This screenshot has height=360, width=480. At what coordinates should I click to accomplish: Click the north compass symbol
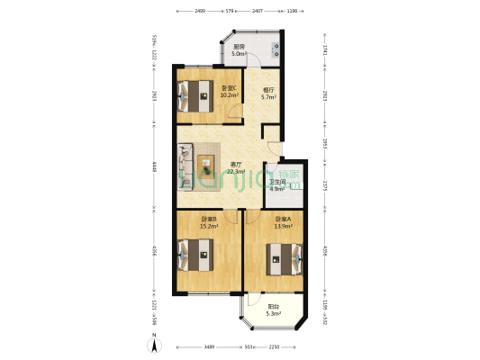155,342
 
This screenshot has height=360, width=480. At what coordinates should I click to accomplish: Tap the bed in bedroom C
195,94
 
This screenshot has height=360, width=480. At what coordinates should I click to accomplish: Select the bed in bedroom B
196,255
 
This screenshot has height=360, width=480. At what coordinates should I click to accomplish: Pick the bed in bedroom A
282,263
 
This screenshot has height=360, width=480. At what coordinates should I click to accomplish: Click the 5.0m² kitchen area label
240,54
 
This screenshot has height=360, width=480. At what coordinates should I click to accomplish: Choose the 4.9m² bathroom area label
276,189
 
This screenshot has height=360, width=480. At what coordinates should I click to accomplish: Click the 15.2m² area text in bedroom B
209,226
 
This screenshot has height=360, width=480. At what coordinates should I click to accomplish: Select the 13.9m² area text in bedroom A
282,226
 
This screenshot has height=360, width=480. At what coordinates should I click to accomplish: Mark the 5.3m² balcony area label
273,314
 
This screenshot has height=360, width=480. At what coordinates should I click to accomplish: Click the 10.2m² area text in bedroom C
229,94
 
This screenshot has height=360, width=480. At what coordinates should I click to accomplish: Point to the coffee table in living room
207,167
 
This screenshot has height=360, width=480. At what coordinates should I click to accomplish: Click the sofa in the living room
186,167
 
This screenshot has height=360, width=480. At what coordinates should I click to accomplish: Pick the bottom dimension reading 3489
209,346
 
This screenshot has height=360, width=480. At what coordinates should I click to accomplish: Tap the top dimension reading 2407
257,11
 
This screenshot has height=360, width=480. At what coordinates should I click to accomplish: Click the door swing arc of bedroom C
234,115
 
